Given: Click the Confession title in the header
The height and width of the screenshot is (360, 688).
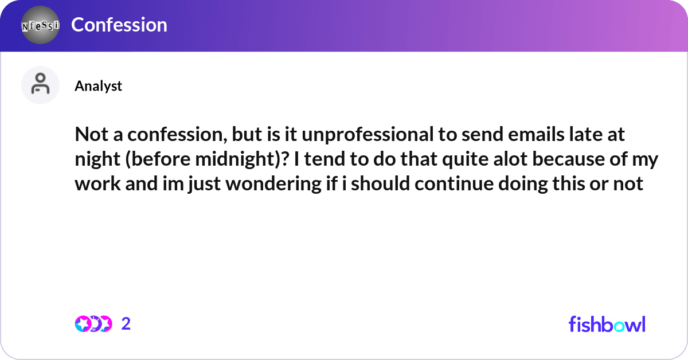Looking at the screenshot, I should pyautogui.click(x=119, y=25).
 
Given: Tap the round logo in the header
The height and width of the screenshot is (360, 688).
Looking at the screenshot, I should pyautogui.click(x=40, y=25).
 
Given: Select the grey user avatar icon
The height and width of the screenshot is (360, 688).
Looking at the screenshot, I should pyautogui.click(x=40, y=85).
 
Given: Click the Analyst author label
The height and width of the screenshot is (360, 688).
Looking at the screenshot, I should pyautogui.click(x=98, y=85).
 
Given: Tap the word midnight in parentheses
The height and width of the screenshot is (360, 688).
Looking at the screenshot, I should pyautogui.click(x=236, y=160).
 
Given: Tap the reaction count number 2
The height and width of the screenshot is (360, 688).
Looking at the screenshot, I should pyautogui.click(x=126, y=324).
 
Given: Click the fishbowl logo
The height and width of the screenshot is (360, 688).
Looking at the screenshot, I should pyautogui.click(x=607, y=324).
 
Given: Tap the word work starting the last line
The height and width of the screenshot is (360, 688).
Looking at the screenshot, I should pyautogui.click(x=93, y=184).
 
